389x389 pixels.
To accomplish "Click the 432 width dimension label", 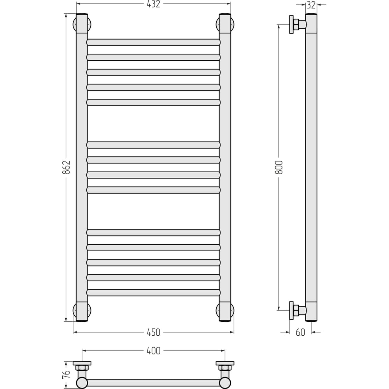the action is click(x=153, y=4).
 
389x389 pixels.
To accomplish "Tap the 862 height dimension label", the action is click(x=66, y=167).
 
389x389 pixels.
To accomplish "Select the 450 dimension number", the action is click(x=153, y=332).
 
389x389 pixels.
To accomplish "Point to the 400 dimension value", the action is click(x=153, y=350).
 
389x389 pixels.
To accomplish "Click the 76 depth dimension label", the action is click(x=66, y=375).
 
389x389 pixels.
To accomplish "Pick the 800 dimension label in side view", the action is click(x=279, y=167).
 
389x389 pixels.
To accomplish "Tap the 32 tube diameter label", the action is click(x=311, y=5).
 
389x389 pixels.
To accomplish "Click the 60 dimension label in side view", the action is click(x=300, y=332).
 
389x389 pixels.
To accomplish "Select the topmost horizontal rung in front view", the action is click(x=153, y=42).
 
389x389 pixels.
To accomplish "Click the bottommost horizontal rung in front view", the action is click(x=153, y=293).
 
